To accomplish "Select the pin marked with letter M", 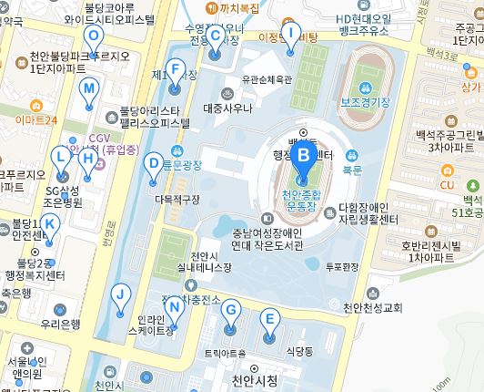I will click(88, 89).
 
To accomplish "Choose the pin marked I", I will click(290, 35).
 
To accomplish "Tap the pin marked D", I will click(154, 163).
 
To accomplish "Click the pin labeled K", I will click(50, 224).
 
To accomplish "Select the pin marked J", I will click(119, 294).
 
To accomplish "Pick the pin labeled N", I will click(175, 306).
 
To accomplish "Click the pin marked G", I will click(231, 311).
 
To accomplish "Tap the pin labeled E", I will click(268, 319).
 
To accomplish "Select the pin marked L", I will click(61, 157).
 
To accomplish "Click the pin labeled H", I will click(87, 159).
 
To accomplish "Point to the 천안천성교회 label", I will click(372, 307).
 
